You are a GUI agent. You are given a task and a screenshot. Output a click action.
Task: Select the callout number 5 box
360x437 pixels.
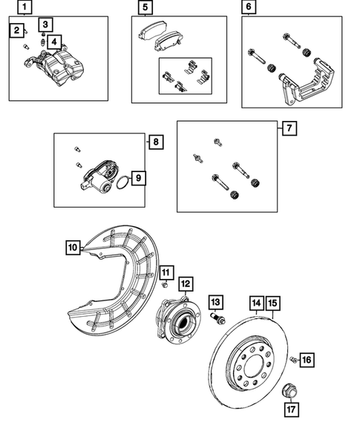145,8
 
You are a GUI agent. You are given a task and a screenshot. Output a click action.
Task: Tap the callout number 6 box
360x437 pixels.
248,8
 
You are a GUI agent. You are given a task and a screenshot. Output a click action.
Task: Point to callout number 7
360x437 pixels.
289,127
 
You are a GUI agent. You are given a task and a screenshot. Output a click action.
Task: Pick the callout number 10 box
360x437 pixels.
72,247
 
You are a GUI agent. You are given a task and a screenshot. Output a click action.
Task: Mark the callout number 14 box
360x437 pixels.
256,303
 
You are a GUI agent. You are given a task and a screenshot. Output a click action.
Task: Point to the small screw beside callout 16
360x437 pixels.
294,361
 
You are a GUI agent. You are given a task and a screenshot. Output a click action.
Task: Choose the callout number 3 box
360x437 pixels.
45,24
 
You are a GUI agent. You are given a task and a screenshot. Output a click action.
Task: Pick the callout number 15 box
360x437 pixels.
273,303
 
